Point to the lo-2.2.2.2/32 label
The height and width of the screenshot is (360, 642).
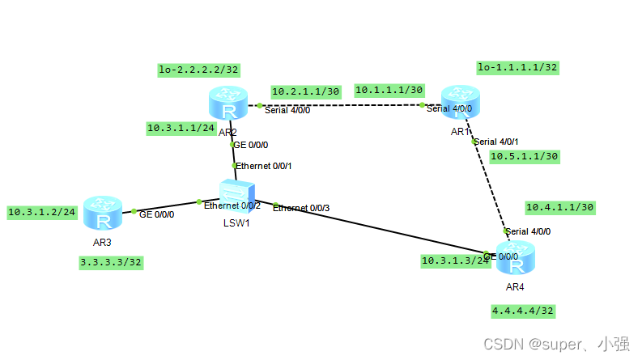point(198,70)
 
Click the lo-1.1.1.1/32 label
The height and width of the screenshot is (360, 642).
point(517,67)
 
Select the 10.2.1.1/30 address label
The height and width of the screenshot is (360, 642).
point(305,91)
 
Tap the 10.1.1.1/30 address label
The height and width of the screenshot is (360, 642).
point(389,89)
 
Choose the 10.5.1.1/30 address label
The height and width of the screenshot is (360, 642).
point(525,156)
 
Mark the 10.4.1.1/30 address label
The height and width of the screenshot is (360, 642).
point(560,207)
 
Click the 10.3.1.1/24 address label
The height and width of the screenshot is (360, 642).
point(181,128)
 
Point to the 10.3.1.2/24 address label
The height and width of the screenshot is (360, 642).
point(42,212)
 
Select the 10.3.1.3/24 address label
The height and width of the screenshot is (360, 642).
point(455,260)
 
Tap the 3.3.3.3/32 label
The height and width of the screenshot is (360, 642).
point(112,262)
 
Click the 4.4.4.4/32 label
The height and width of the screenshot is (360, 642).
point(523,310)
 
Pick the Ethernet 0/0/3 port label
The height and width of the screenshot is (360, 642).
point(300,208)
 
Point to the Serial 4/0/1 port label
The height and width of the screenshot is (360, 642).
point(496,142)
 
